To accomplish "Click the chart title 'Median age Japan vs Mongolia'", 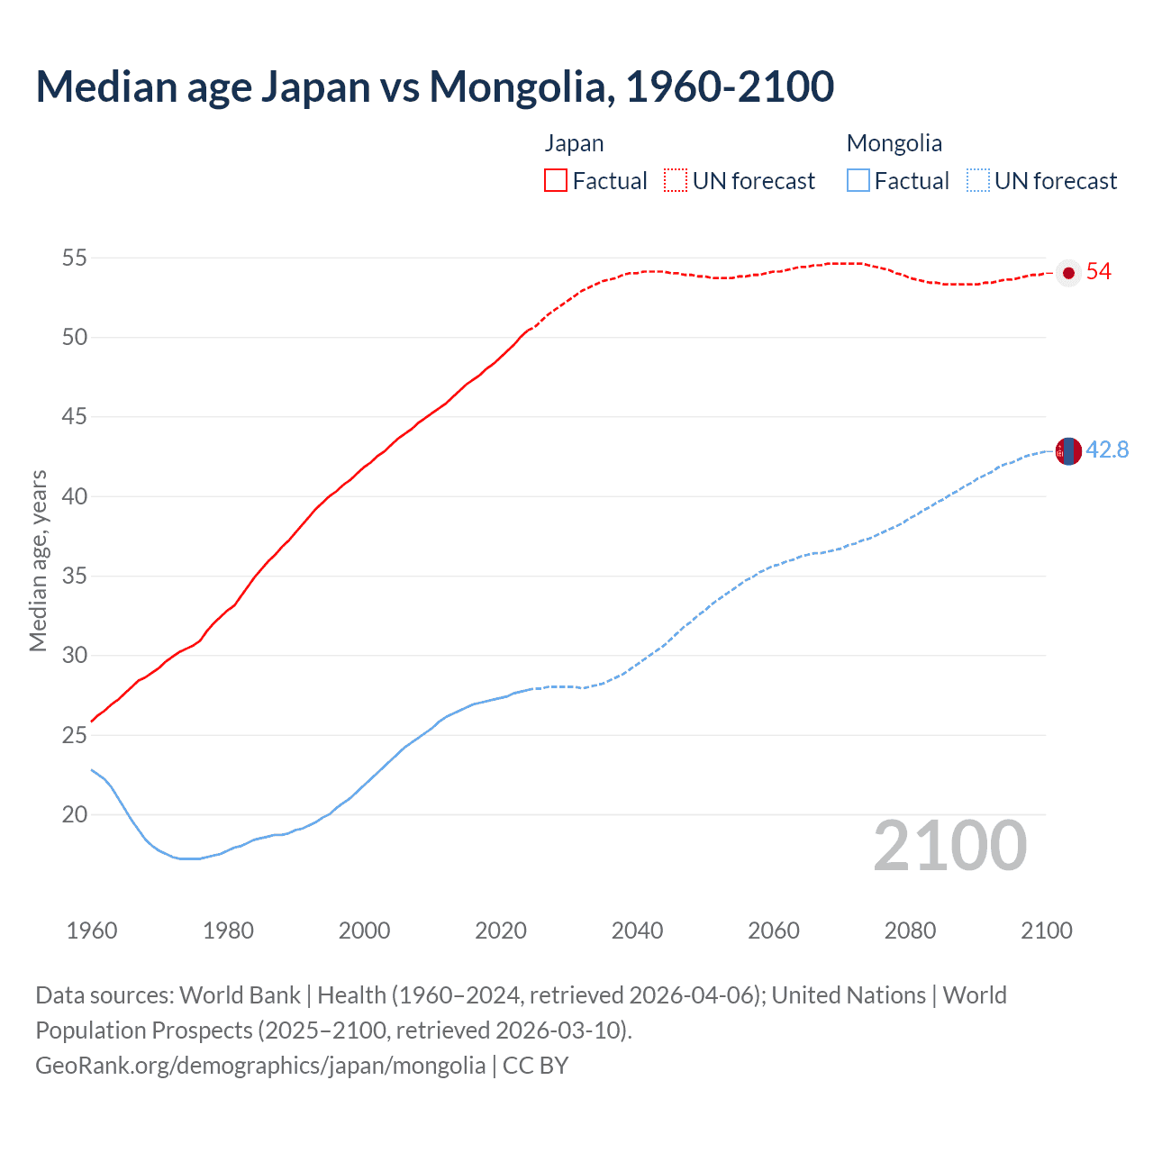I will (434, 86).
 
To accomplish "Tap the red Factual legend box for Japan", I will (556, 180).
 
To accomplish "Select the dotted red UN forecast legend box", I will (676, 180).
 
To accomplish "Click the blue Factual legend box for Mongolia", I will (858, 180).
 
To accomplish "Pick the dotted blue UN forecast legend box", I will (977, 180).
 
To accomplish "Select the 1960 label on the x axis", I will (92, 931).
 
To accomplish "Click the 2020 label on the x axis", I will (501, 931).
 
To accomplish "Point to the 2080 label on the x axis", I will (910, 931).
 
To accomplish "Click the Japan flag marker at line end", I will (1068, 273).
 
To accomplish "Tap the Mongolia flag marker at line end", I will (1068, 450).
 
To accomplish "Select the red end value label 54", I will (1099, 272).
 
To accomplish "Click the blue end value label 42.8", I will (1107, 449).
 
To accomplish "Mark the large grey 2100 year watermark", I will (949, 845).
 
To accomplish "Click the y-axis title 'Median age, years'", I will (38, 560).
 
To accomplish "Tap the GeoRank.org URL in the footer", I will (260, 1066).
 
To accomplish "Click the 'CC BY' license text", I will (536, 1066).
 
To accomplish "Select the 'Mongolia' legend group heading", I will (894, 143).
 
